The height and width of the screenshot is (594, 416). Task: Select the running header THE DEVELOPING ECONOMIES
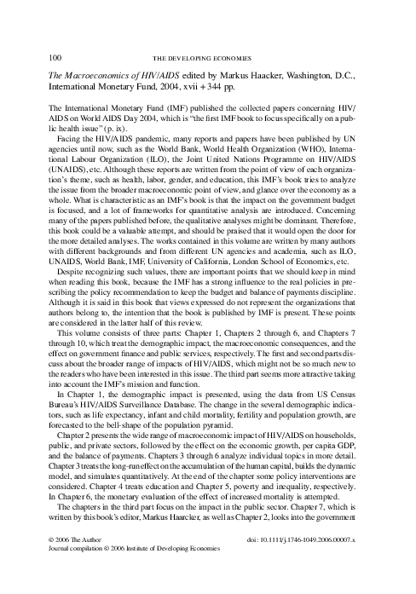tap(207, 57)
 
